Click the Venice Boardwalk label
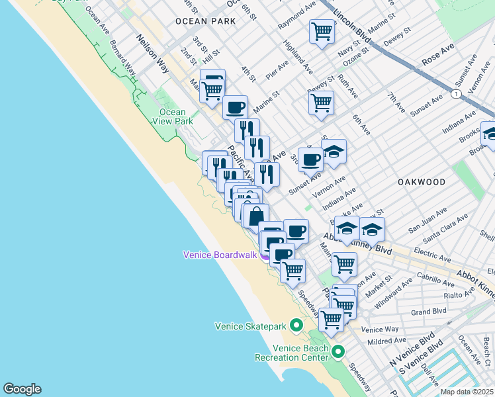(x=220, y=255)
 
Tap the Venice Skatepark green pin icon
(x=296, y=325)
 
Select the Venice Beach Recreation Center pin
(x=338, y=351)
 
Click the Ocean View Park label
(x=173, y=116)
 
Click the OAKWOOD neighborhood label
(x=421, y=181)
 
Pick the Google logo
(x=22, y=389)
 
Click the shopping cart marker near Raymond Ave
(x=322, y=31)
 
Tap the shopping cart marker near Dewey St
(x=321, y=103)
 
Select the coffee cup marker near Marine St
(x=235, y=107)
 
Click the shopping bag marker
(x=256, y=216)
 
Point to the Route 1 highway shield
(x=456, y=95)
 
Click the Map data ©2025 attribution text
(x=467, y=392)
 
